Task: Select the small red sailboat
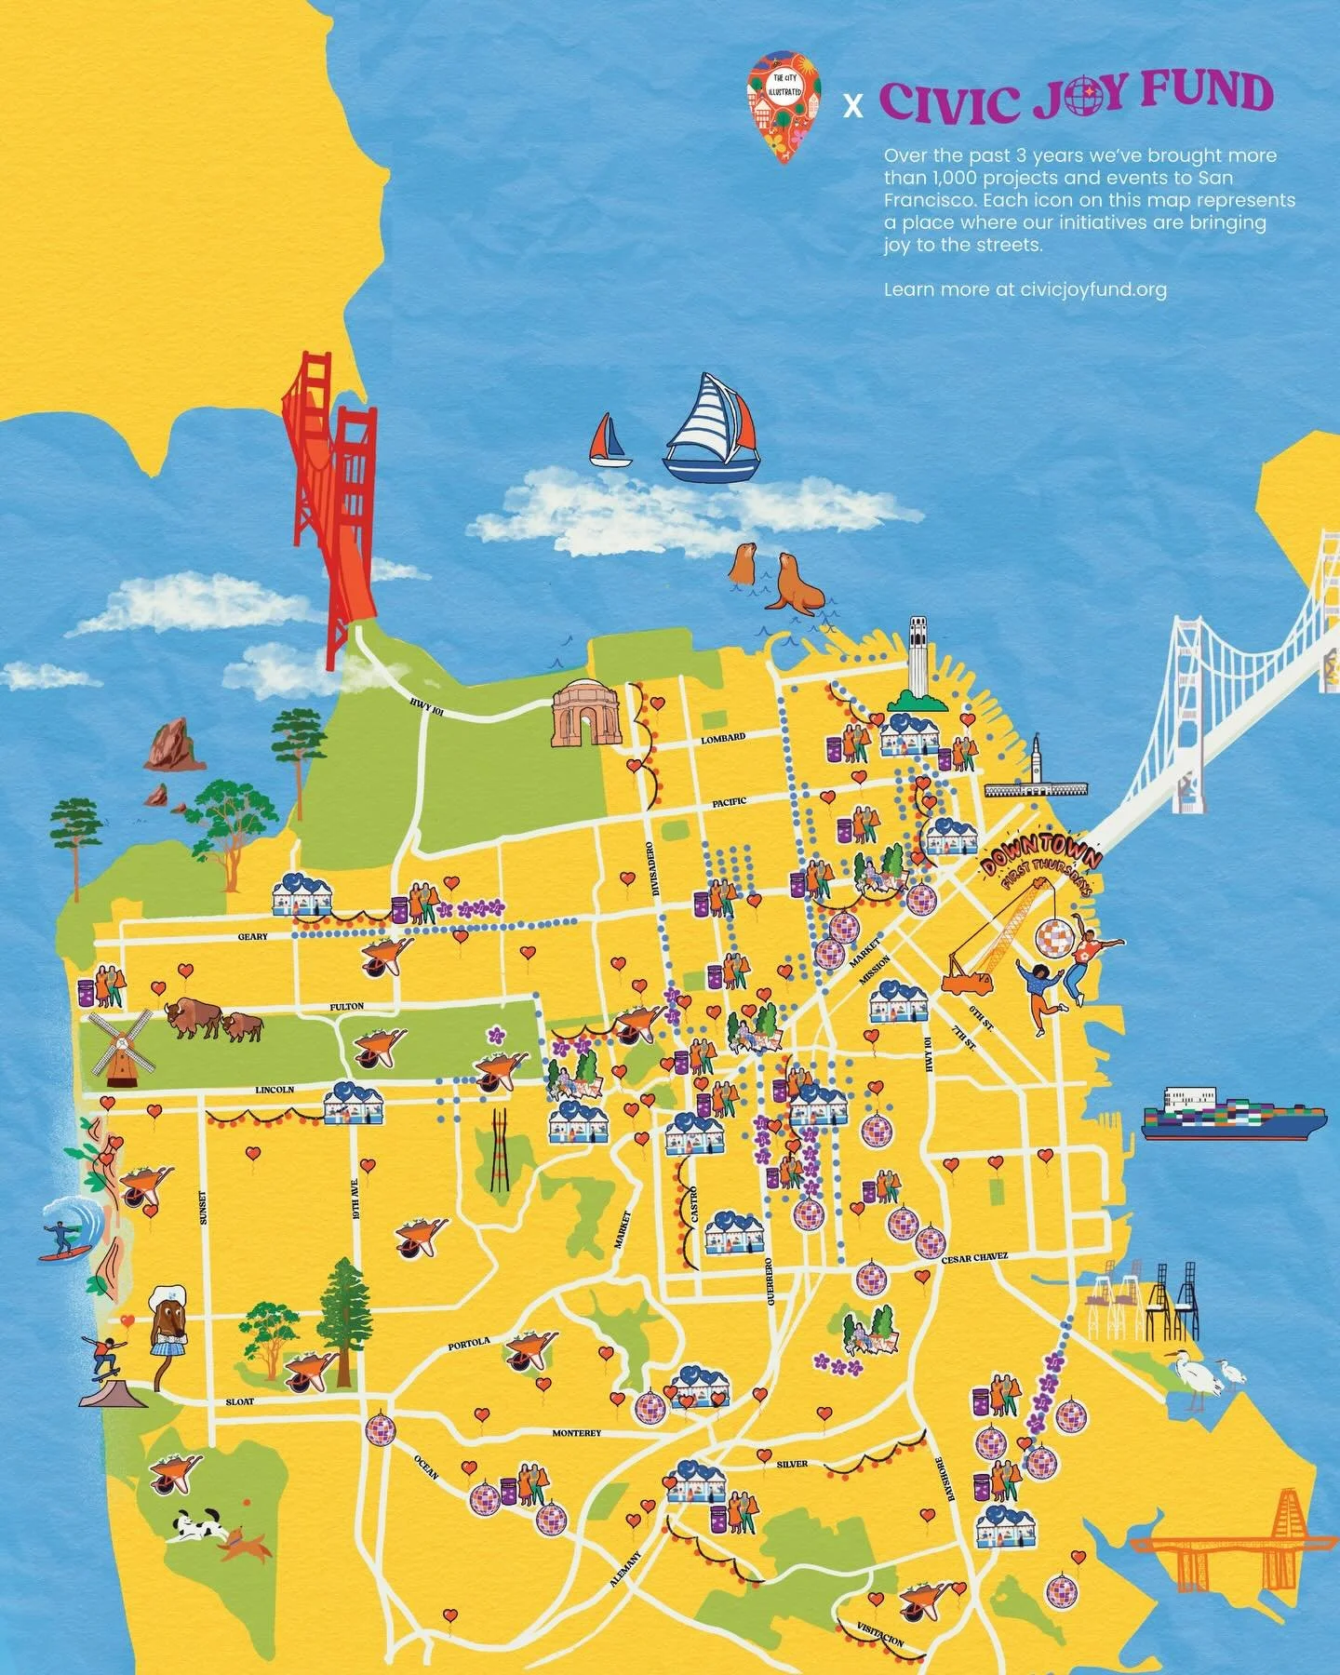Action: [610, 441]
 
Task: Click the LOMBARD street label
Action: [723, 738]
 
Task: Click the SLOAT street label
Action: [240, 1400]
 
